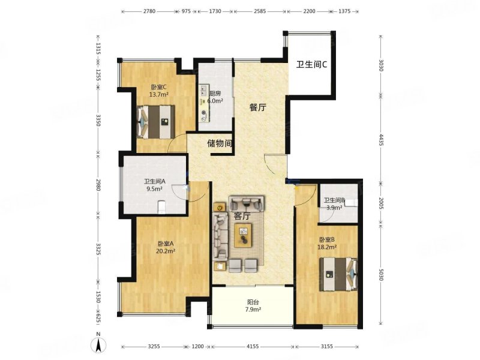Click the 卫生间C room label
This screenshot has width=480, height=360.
[311, 64]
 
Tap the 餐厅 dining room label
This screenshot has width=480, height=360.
[257, 107]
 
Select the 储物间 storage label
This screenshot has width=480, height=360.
[220, 143]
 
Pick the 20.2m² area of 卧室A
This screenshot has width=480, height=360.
[166, 251]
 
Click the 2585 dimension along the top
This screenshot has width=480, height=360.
[260, 11]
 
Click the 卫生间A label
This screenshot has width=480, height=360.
[154, 182]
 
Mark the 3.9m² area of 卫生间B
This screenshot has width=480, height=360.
[333, 208]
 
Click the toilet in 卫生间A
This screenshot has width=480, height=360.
[161, 207]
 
